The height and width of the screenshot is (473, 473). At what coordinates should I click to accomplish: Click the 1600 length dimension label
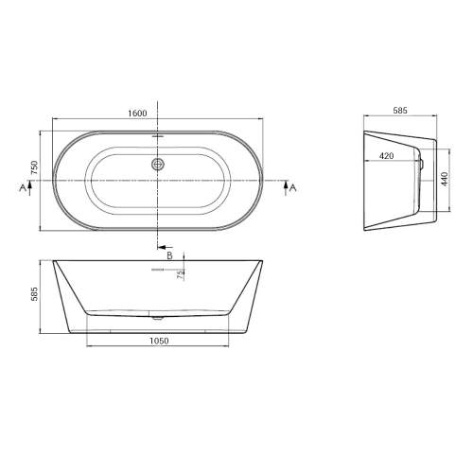[x=137, y=114]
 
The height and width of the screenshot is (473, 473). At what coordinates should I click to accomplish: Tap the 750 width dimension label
[x=34, y=167]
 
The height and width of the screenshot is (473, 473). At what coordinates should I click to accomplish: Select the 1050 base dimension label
[x=159, y=341]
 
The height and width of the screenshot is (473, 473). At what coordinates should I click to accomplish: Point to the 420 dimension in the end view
[x=386, y=156]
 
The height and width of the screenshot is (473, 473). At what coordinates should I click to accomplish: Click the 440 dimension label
[x=444, y=179]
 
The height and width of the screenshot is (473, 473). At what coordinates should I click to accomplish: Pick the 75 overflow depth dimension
[x=180, y=274]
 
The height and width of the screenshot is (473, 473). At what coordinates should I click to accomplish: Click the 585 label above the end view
[x=400, y=111]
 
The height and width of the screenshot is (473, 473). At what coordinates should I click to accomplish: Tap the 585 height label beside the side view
[x=34, y=293]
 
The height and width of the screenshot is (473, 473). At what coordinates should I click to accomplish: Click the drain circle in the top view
[x=158, y=165]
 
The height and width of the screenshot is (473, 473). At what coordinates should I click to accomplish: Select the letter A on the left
[x=23, y=188]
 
